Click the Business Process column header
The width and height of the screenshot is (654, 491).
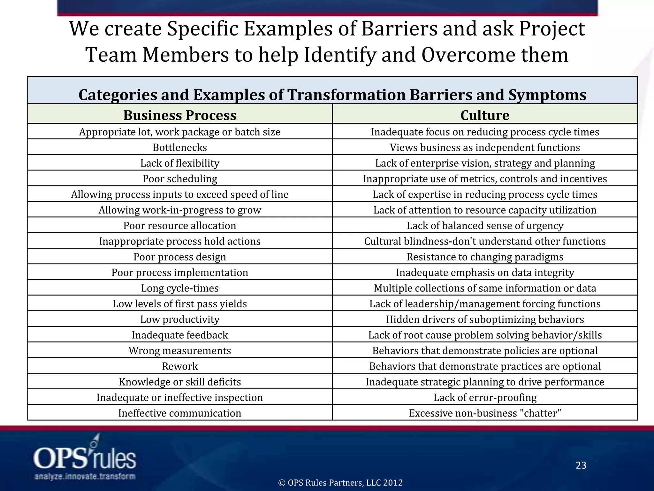[180, 115]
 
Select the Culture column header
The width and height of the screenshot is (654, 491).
[485, 115]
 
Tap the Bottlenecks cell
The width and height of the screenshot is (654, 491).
[180, 147]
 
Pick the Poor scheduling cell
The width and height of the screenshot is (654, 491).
[180, 179]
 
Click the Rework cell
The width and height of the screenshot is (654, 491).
[180, 366]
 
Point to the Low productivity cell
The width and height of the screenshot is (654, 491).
[180, 319]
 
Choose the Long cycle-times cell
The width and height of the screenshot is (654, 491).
[180, 288]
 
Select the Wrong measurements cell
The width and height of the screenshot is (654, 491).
[180, 350]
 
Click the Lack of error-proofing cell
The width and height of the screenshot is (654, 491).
[485, 397]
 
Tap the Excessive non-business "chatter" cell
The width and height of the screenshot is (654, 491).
[485, 413]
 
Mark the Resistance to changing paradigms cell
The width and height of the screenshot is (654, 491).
[485, 257]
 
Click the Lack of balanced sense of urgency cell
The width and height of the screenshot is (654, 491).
[485, 226]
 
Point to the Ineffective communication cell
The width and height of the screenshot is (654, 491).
[180, 413]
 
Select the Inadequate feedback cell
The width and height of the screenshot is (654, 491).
[180, 335]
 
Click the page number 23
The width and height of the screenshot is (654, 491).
[581, 465]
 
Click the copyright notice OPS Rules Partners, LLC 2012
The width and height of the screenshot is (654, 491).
[340, 482]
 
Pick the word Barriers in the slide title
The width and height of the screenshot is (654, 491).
[399, 29]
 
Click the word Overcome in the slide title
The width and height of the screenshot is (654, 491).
[467, 55]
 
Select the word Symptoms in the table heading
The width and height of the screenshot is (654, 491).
[547, 95]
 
